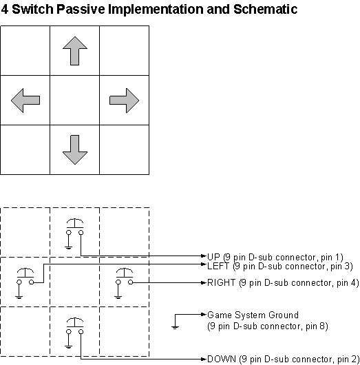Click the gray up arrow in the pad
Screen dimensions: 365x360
[75, 51]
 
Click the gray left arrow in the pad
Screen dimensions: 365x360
[25, 101]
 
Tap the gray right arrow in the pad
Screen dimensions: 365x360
[125, 101]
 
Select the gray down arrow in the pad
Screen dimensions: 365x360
[75, 149]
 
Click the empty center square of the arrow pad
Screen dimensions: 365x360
[75, 101]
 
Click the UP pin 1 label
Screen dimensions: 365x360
[275, 256]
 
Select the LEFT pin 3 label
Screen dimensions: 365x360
[279, 265]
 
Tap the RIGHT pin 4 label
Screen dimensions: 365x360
[282, 282]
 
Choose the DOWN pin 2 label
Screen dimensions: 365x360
[282, 359]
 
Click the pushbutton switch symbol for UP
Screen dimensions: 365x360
[75, 228]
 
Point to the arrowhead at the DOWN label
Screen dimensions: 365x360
[203, 359]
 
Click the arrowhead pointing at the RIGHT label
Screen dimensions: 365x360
[203, 282]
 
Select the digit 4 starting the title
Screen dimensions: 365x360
[6, 10]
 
